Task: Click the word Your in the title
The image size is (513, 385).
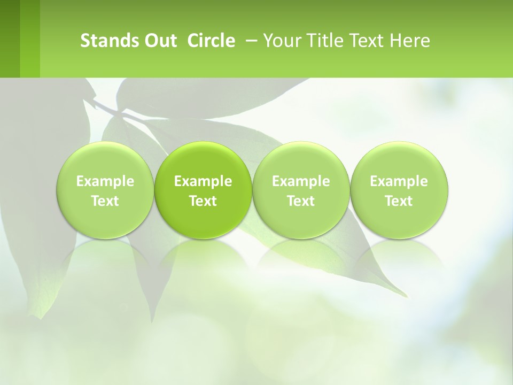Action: click(281, 41)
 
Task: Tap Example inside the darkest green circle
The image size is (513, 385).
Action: click(203, 181)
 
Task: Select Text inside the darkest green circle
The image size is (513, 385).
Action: click(203, 201)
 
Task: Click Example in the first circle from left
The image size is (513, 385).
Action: click(105, 181)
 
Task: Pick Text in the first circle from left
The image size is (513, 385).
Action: click(105, 201)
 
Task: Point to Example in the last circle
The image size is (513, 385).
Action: click(399, 181)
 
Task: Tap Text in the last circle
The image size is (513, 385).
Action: click(399, 201)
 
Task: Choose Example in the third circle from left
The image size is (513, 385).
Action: click(301, 181)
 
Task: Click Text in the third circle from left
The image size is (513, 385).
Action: click(301, 201)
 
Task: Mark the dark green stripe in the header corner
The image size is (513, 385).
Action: click(10, 38)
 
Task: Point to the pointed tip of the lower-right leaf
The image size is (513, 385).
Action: click(406, 296)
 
